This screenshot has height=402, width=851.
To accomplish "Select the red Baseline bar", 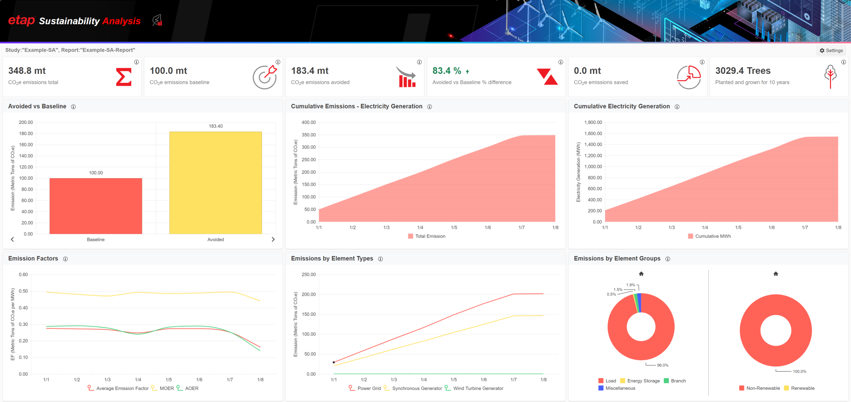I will pos(96,206).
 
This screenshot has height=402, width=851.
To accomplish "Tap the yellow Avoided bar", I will pos(215,183).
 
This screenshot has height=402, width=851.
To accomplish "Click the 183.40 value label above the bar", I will pos(216,126).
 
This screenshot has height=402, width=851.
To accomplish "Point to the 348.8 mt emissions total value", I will pos(27,71).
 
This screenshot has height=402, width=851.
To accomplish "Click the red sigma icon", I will pos(124,77).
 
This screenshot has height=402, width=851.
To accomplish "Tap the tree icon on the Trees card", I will pos(830,76).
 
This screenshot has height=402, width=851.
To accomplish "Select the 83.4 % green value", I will pos(447,71).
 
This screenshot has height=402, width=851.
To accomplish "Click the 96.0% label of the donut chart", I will pos(663,365).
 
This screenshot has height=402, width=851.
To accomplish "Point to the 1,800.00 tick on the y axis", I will pos(593,122).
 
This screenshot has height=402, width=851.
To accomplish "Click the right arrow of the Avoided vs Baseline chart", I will pos(273,239).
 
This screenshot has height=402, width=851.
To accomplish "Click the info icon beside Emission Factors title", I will pos(65,259).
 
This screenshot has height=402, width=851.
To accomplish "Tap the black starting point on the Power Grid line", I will pos(334,362).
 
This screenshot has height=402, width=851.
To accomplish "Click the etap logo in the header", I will pos(21,21).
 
